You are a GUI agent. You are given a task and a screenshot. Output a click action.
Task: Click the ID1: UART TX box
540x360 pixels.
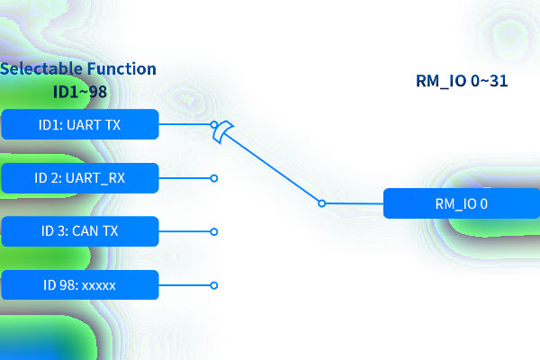point(80,125)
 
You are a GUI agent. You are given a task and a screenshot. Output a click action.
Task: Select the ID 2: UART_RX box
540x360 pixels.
point(80,178)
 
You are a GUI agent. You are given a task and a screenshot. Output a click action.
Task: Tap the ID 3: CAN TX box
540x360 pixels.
point(80,231)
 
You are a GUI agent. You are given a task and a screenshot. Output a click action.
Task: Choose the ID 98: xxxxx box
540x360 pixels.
point(80,285)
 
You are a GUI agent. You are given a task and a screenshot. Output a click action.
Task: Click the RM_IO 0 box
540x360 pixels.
point(461,203)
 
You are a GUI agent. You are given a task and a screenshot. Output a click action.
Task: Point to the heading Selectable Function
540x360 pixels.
point(78,69)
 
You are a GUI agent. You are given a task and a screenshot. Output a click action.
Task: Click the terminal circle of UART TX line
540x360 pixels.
point(214,125)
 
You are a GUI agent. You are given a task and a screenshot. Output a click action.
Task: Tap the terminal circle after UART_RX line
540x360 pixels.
point(214,178)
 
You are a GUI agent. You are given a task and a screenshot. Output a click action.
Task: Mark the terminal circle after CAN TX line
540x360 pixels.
point(214,231)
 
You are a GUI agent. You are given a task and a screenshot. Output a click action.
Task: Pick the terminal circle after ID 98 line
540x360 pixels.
point(214,285)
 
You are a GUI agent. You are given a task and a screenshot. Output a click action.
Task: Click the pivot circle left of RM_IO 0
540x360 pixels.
point(321,203)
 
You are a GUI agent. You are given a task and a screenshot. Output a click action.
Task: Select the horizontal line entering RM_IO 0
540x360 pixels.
point(354,203)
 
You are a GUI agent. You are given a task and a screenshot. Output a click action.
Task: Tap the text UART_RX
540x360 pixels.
point(96,178)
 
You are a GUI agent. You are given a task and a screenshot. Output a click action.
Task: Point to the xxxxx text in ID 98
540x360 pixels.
point(100,285)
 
